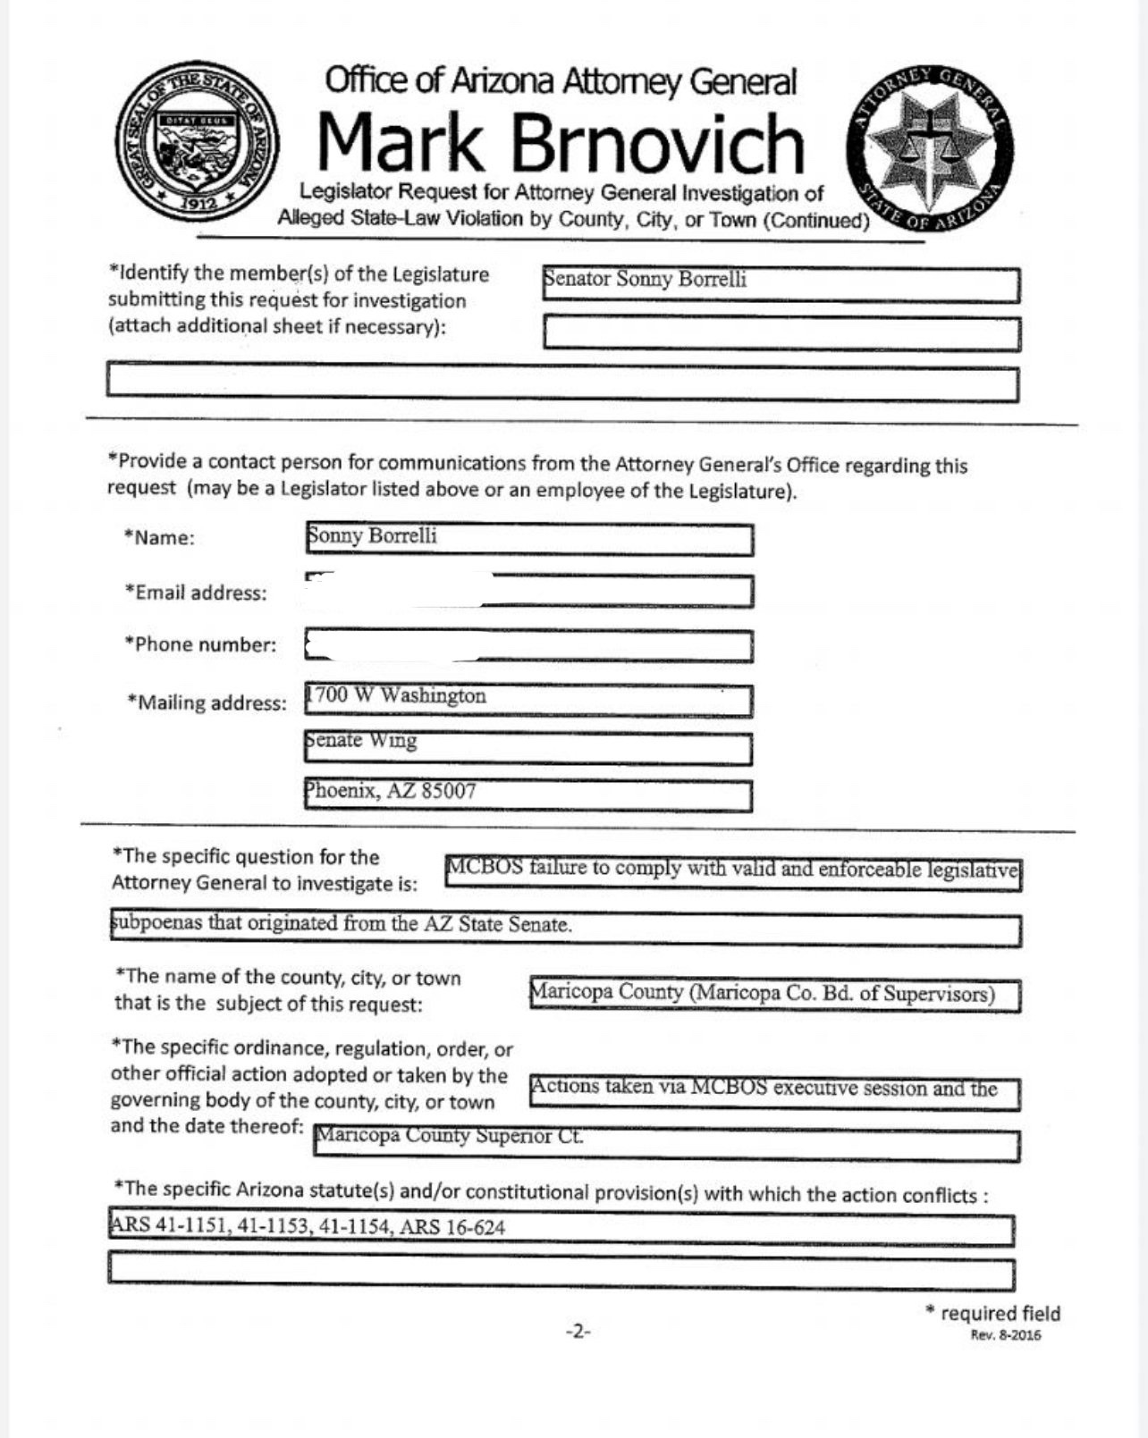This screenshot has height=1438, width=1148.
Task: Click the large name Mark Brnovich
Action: pos(561,143)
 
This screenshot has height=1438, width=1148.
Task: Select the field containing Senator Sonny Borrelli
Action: pos(781,284)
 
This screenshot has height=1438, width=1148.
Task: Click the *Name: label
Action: pos(159,537)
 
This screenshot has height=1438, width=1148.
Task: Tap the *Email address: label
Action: pos(196,593)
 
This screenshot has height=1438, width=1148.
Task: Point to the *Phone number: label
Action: pos(200,644)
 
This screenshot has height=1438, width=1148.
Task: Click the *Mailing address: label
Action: pos(207,702)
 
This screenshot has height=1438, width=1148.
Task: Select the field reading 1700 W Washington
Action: pos(528,699)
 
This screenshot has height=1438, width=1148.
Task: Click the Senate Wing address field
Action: pos(528,747)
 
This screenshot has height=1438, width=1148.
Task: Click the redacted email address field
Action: pos(528,591)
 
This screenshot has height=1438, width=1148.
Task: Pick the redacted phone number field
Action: pos(528,645)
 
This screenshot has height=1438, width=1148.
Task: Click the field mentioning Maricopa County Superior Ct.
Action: pos(665,1144)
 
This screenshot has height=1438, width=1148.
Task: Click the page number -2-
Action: pos(578,1331)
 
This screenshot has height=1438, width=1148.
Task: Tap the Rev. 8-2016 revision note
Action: pos(1005,1335)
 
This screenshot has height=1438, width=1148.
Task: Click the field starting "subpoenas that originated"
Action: pos(564,929)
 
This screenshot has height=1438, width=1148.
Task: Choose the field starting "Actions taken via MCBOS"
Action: pos(774,1092)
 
